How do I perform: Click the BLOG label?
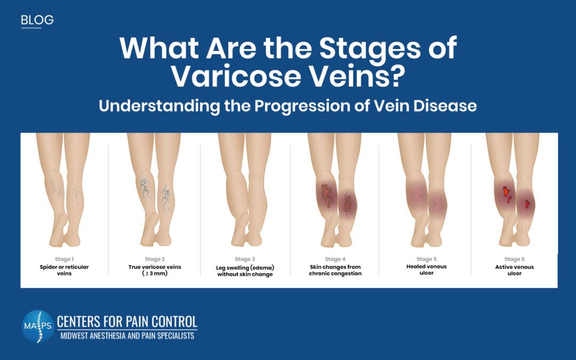click(x=37, y=20)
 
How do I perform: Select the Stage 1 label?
click(x=65, y=259)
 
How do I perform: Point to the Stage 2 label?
click(x=155, y=259)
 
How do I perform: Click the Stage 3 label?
click(x=245, y=259)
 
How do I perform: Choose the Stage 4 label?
click(x=335, y=259)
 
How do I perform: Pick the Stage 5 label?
click(x=427, y=259)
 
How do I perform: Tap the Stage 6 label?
click(x=514, y=259)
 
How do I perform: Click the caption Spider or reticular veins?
click(x=65, y=270)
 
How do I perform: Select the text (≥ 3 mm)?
click(x=155, y=273)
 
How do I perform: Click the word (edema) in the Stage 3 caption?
click(x=262, y=267)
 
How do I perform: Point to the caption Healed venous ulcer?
click(x=427, y=270)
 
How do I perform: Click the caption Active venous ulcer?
click(x=514, y=270)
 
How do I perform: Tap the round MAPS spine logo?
click(x=38, y=326)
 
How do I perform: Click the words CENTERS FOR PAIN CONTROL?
click(x=127, y=322)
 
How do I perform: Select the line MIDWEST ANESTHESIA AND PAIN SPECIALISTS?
click(x=127, y=336)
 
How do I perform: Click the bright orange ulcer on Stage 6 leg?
click(x=506, y=191)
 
